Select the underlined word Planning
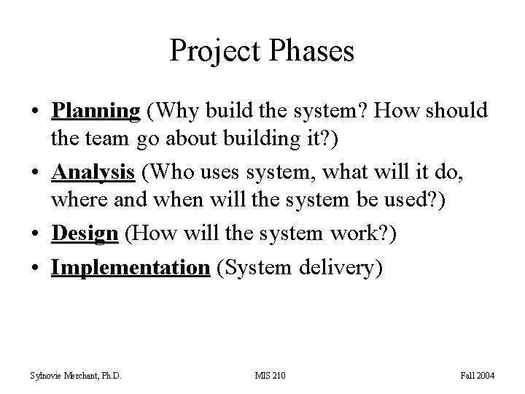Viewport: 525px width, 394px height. point(96,111)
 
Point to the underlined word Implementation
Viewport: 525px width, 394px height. point(130,268)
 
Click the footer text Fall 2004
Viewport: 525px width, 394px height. point(478,376)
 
